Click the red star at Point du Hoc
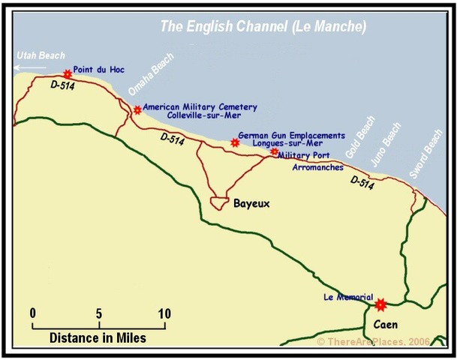coord(68,73)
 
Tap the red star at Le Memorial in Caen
coord(380,304)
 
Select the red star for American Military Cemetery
coord(137,110)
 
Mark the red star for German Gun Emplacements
coord(234,142)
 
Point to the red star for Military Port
coord(274,152)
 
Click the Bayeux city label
coord(251,203)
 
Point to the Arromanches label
coord(316,168)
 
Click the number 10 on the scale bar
coord(164,313)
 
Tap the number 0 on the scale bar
coord(33,313)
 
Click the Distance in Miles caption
coord(98,338)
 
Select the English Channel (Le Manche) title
coord(263,27)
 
